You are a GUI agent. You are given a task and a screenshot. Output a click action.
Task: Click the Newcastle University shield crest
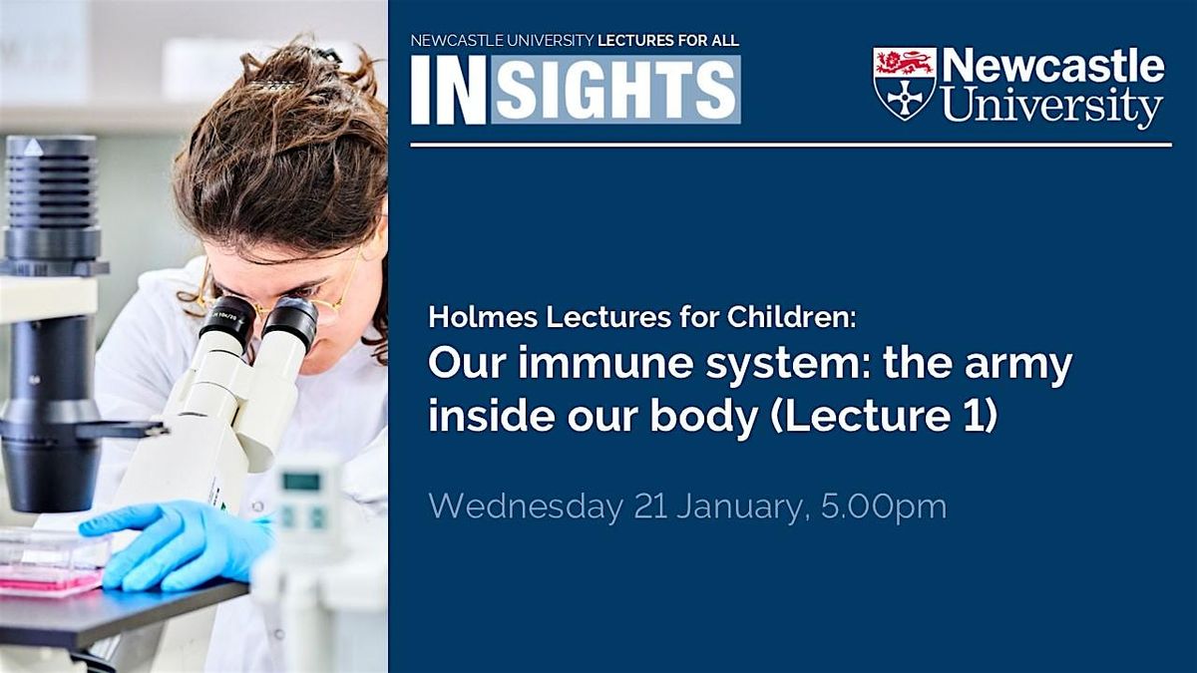(904, 83)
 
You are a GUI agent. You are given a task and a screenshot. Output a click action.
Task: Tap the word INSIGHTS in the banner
(576, 90)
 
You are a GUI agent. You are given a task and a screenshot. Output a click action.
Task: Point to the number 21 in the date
(650, 506)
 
